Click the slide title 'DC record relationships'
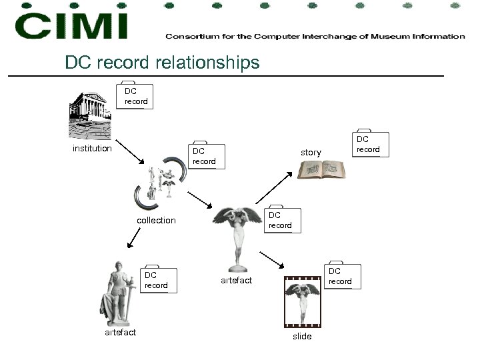click(162, 62)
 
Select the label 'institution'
click(92, 148)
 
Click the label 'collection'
click(156, 220)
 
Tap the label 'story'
click(311, 153)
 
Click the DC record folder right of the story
click(367, 144)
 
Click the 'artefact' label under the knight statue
click(120, 332)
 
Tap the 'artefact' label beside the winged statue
click(236, 281)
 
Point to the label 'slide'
click(302, 336)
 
